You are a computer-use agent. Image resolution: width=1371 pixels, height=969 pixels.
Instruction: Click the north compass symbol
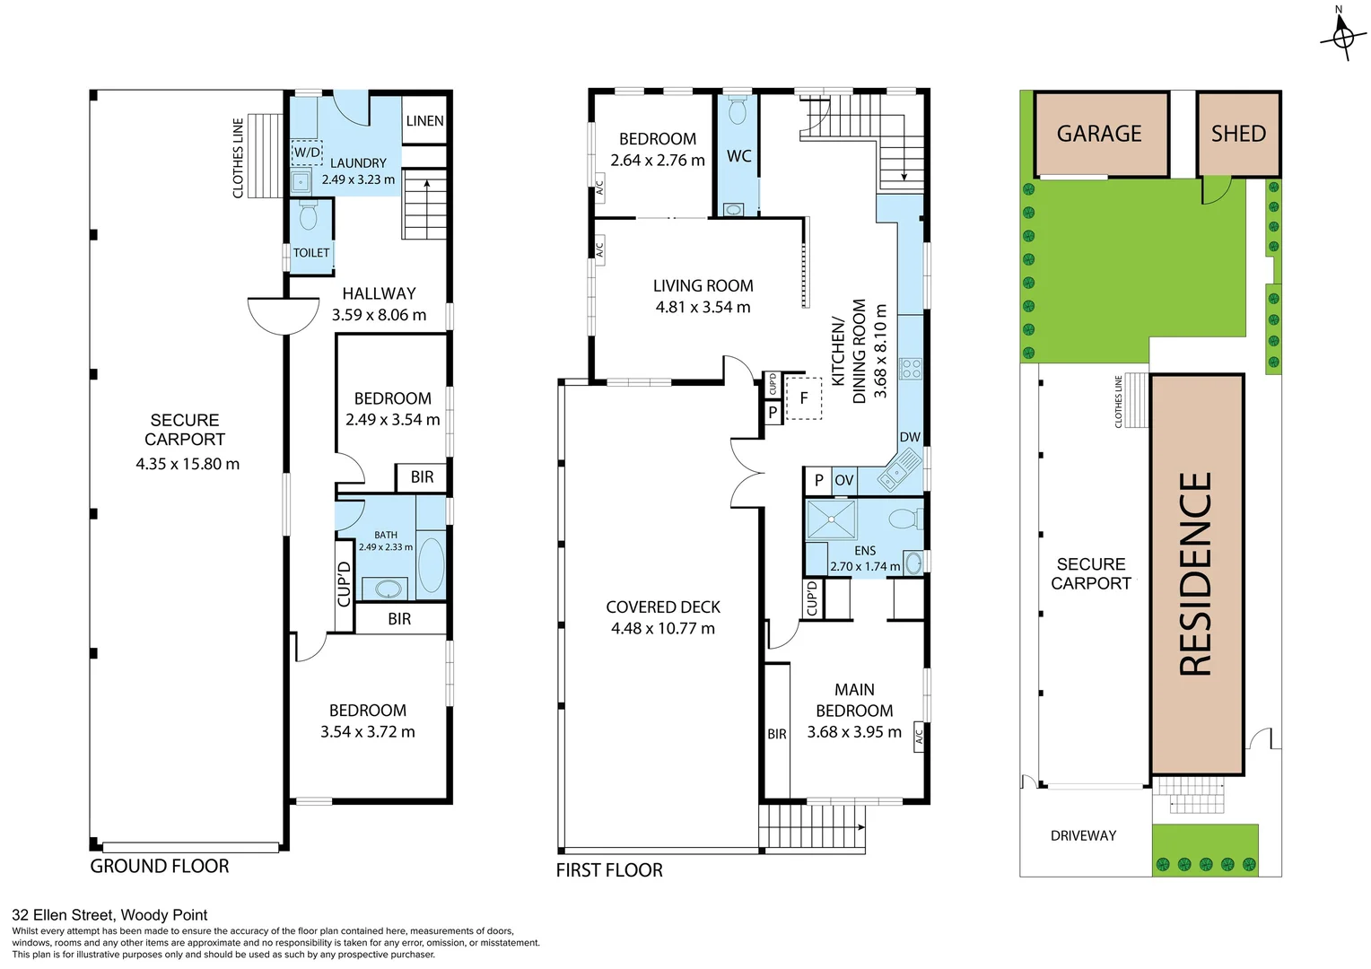pos(1342,36)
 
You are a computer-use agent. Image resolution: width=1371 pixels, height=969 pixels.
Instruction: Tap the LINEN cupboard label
pos(424,121)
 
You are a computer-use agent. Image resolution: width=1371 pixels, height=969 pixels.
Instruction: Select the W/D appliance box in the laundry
pos(307,153)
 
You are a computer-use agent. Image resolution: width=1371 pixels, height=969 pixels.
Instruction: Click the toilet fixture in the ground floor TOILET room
pos(308,216)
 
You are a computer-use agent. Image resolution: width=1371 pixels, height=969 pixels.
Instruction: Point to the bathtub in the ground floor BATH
pos(432,565)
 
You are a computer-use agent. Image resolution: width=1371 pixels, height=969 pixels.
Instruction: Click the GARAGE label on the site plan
pos(1099,134)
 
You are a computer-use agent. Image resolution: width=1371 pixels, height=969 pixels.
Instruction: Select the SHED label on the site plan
pos(1238,134)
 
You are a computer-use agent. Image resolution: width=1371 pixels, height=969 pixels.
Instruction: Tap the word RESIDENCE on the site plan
pos(1196,574)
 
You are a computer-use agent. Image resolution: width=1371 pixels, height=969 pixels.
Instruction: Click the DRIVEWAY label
pos(1083,835)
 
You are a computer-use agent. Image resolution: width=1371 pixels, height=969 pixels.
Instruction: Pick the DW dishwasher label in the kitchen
pos(910,437)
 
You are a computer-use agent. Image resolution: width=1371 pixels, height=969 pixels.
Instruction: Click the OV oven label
pos(844,480)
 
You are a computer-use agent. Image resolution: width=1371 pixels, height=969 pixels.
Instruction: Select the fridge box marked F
pos(804,398)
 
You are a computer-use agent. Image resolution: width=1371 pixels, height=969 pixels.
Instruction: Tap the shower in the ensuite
pos(831,519)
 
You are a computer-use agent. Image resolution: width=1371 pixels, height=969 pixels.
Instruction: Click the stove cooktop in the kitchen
pos(911,368)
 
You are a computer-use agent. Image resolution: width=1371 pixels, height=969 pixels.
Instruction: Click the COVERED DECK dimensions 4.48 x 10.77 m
pos(663,628)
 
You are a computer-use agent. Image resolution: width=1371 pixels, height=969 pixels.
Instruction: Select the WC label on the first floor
pos(738,156)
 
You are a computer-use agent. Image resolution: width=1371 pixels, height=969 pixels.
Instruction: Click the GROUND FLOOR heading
pos(160,866)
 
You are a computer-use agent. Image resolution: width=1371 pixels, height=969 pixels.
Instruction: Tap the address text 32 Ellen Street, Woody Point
pos(109,915)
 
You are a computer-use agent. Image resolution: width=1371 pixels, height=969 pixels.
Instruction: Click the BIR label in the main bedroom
pos(777,734)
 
